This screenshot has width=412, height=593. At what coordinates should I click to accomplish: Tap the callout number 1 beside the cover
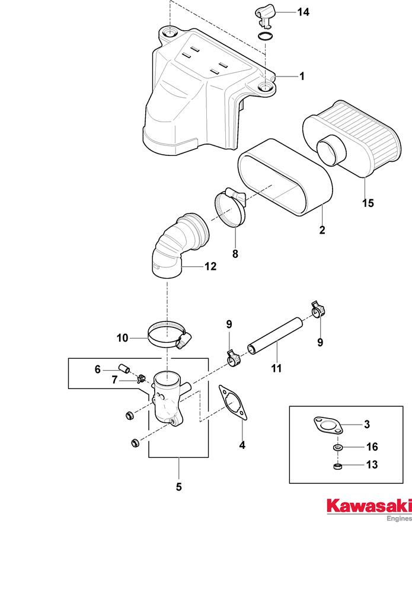click(x=301, y=76)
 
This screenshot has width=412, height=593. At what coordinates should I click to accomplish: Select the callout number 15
click(x=368, y=203)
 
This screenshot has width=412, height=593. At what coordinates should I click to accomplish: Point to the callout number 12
click(x=210, y=267)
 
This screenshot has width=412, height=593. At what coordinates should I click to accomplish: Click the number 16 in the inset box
click(x=372, y=447)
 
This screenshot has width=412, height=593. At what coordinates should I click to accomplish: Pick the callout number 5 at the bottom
click(x=178, y=487)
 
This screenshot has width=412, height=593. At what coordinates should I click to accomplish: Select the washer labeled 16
click(x=336, y=447)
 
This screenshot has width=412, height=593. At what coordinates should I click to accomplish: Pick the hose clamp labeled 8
click(x=230, y=208)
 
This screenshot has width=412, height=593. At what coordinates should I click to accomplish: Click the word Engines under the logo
click(x=398, y=518)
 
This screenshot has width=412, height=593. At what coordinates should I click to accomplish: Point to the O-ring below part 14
click(x=267, y=37)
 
